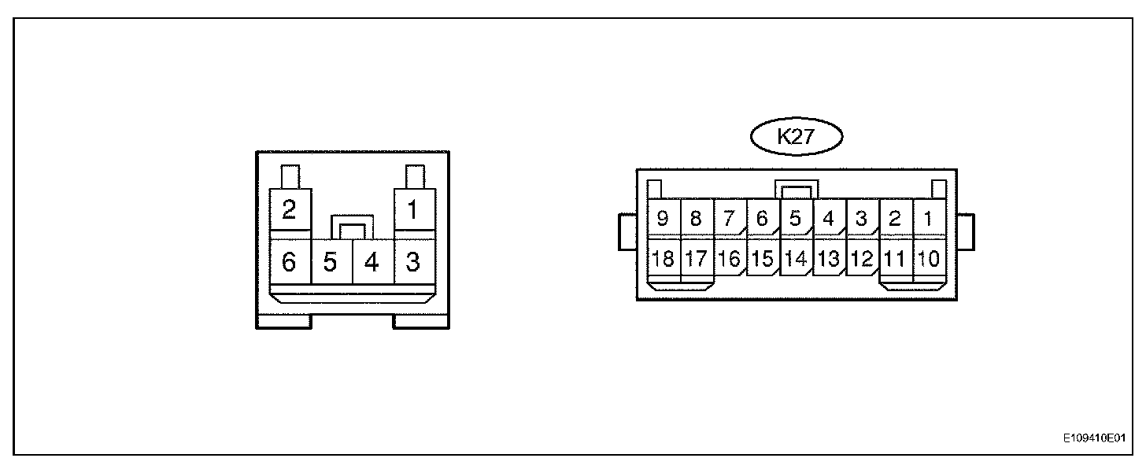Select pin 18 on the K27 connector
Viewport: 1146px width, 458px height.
click(664, 259)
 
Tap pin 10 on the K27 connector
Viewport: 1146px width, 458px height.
click(929, 259)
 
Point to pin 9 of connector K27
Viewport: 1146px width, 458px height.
click(663, 219)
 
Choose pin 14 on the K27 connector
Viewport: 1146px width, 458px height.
click(796, 259)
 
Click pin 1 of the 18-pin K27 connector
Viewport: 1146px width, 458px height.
click(929, 219)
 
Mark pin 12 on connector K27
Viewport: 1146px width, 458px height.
click(862, 259)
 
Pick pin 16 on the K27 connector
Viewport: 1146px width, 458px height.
click(730, 259)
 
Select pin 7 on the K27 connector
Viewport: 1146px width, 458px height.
click(729, 219)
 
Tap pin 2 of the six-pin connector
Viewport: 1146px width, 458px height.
click(289, 210)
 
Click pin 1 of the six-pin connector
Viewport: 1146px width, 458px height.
click(412, 210)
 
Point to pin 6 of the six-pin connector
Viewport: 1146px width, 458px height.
click(289, 262)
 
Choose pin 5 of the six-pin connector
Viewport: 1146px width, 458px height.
click(331, 262)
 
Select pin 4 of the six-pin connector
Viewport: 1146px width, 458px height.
click(372, 262)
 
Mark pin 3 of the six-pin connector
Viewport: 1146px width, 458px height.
click(412, 262)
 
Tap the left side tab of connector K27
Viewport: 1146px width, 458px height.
click(627, 231)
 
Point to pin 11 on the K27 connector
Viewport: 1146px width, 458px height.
click(895, 259)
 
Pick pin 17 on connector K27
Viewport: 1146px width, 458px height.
click(696, 259)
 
